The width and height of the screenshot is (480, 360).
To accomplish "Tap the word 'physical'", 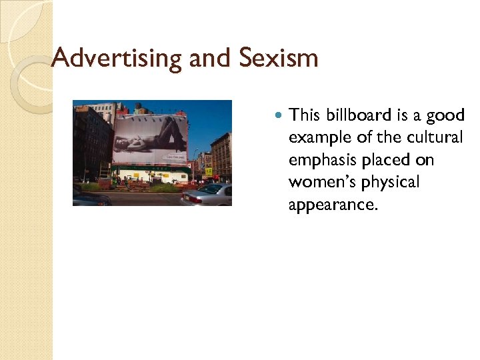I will point(391,182).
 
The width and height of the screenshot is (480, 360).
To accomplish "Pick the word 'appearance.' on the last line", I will point(333,205).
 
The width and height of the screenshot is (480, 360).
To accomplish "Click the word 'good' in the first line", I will point(445,115).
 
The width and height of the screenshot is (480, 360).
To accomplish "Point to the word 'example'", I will point(317,138).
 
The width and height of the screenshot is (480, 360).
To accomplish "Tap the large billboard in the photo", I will point(150,140).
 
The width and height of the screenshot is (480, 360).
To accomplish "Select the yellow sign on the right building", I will point(209,171).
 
